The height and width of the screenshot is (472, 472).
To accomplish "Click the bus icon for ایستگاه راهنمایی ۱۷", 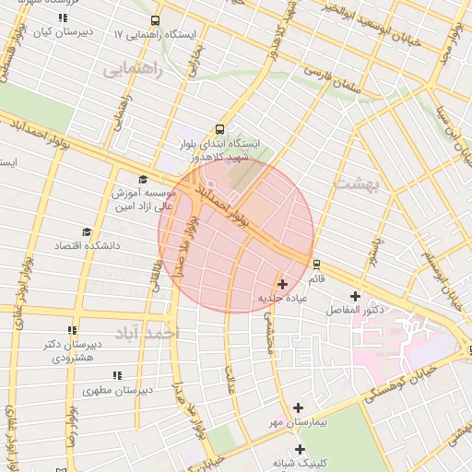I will click(x=155, y=19).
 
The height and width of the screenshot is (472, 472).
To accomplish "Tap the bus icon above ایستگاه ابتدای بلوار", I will click(x=219, y=130).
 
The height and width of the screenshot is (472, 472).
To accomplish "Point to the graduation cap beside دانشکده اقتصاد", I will click(x=88, y=231).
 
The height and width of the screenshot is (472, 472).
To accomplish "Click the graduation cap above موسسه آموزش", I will click(x=143, y=179).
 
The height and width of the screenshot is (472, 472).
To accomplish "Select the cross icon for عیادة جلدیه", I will click(x=281, y=285).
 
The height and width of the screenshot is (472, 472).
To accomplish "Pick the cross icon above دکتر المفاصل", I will click(x=355, y=296).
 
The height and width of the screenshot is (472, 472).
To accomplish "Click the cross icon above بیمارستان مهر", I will click(x=298, y=407).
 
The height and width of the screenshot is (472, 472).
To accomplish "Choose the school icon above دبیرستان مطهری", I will click(x=116, y=374).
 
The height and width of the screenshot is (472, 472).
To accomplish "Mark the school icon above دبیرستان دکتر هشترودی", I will click(x=72, y=329).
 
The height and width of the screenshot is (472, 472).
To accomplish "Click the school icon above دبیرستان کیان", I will click(x=62, y=18).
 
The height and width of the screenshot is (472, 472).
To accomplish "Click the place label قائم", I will click(x=316, y=277).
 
